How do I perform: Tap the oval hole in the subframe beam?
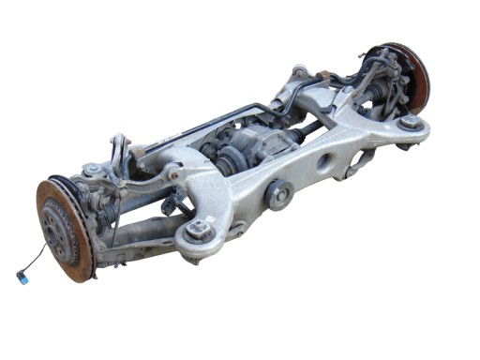(x=324, y=162)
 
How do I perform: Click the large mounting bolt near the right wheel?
(x=409, y=123)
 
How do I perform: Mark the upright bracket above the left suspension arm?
(x=120, y=150)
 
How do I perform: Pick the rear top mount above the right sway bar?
(x=299, y=70)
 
